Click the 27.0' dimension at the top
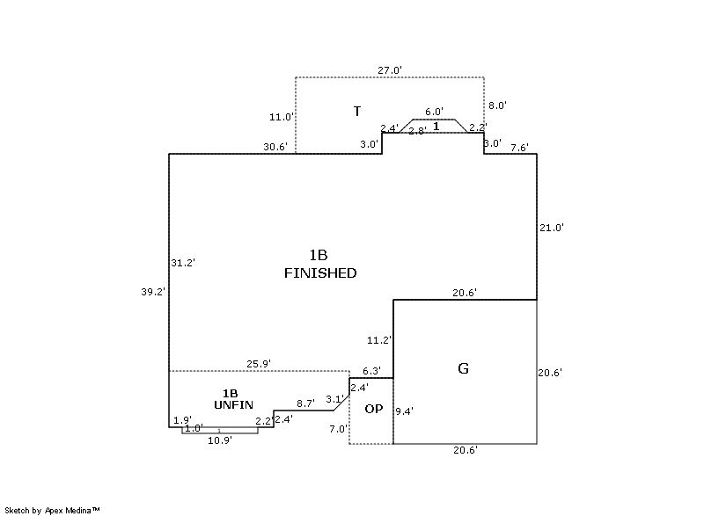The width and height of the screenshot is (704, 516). click(390, 69)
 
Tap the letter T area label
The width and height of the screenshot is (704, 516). click(357, 112)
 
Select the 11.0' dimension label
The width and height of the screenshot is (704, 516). click(282, 116)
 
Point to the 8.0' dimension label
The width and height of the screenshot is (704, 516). click(497, 105)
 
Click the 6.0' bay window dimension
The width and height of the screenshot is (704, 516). click(434, 113)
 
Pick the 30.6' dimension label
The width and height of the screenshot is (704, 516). click(275, 147)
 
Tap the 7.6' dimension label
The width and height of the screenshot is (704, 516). click(519, 147)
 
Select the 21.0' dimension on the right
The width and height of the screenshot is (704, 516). click(551, 227)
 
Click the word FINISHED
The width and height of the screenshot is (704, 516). click(320, 273)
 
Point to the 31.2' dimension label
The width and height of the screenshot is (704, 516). click(183, 262)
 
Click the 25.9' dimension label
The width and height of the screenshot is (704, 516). click(258, 363)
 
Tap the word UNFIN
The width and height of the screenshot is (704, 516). click(233, 404)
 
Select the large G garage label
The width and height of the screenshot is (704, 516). click(463, 369)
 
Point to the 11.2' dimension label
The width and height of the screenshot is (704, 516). click(379, 339)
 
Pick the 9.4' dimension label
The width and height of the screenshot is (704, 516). click(405, 410)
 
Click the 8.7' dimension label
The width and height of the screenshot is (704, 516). click(305, 403)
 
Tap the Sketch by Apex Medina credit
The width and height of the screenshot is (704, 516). click(52, 509)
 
